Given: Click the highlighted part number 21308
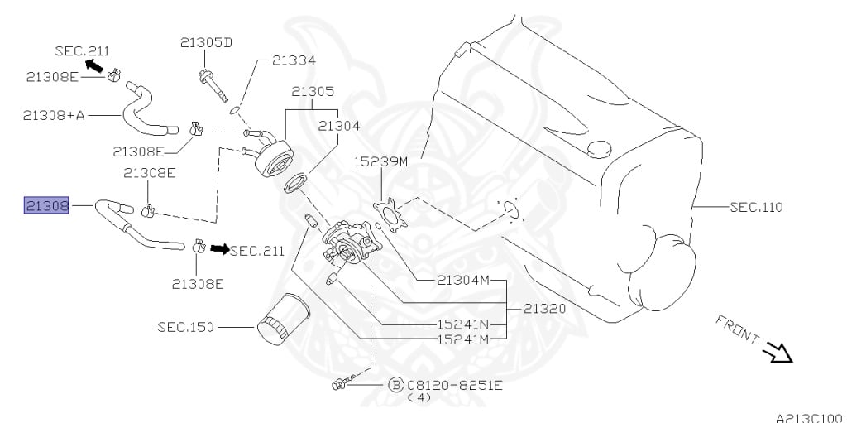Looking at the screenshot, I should click(x=46, y=204).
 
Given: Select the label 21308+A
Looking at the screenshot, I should click(x=54, y=115).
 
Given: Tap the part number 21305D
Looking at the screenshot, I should click(x=207, y=42).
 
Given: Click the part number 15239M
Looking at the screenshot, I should click(x=381, y=161).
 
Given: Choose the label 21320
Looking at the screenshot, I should click(x=544, y=308).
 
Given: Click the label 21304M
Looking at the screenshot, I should click(x=463, y=281).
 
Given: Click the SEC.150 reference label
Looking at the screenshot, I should click(x=186, y=327).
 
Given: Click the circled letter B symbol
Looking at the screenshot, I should click(x=395, y=385).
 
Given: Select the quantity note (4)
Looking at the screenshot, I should click(x=420, y=398).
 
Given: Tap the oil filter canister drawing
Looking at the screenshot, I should click(x=283, y=318).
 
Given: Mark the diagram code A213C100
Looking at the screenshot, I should click(x=809, y=416).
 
